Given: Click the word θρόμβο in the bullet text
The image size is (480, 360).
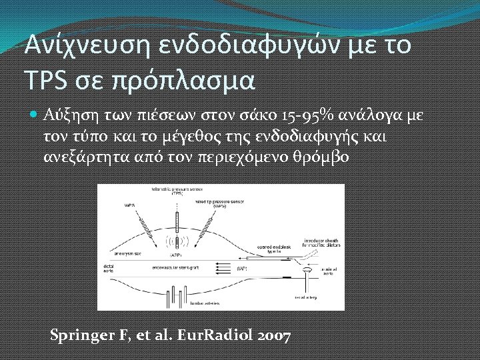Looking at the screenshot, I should point(326,157).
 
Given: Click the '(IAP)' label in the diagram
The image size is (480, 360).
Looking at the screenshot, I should point(243,268).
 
